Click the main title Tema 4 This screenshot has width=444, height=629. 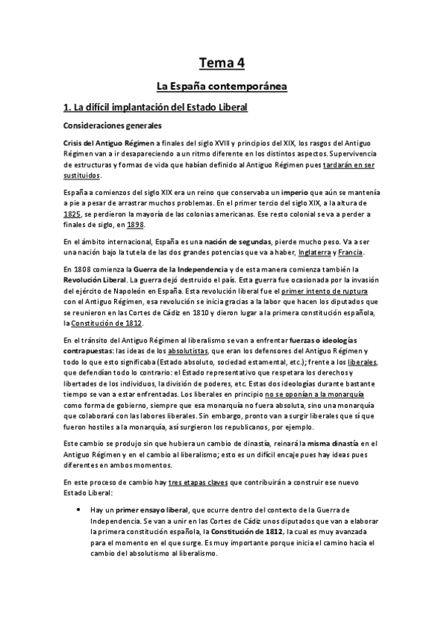(222, 62)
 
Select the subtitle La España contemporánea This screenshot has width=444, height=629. (222, 88)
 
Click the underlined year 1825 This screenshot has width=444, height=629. (73, 213)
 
